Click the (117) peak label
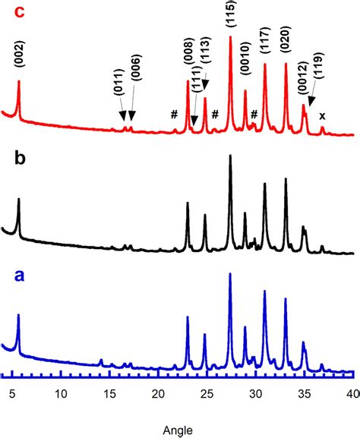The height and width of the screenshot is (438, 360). click(x=264, y=48)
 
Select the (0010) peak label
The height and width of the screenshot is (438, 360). click(x=245, y=71)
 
